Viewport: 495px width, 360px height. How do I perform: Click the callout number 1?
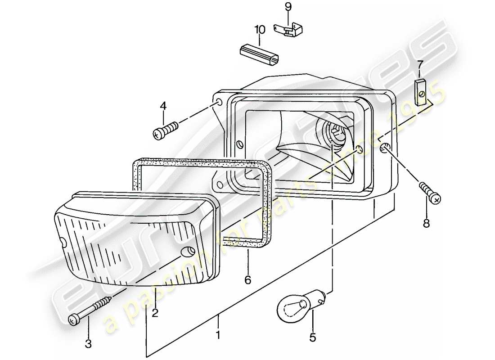(218, 335)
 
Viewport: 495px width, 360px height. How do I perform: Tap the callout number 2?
(155, 313)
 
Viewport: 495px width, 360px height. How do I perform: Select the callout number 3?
(88, 344)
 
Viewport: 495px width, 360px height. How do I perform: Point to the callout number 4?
(163, 106)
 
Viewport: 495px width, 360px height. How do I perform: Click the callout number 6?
(247, 280)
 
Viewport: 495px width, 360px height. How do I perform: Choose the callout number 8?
(426, 222)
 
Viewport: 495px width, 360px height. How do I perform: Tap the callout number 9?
(288, 6)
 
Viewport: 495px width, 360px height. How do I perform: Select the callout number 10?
(260, 30)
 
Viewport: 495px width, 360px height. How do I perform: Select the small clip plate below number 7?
(421, 91)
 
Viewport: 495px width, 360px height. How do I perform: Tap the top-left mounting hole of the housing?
(218, 103)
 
